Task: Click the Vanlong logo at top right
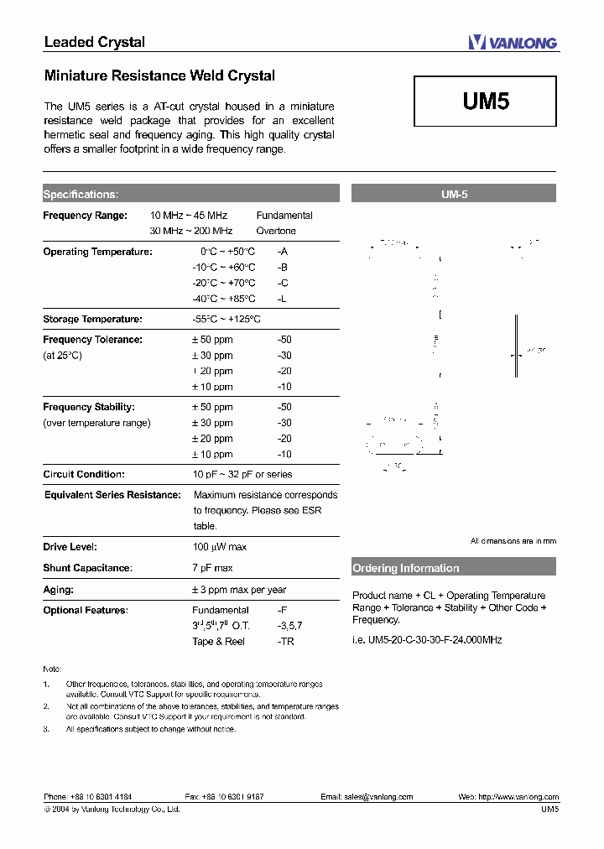click(x=513, y=43)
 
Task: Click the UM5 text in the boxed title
click(x=486, y=102)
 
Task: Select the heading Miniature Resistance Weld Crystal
click(x=159, y=76)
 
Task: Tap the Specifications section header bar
click(x=190, y=194)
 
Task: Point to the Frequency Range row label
click(x=85, y=216)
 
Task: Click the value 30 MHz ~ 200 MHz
click(x=191, y=231)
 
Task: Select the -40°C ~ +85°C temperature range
click(x=224, y=299)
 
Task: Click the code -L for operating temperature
click(x=283, y=299)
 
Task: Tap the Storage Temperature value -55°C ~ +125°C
click(x=226, y=320)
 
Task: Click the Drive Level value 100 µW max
click(x=219, y=547)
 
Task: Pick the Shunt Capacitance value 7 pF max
click(x=212, y=568)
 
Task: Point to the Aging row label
click(x=59, y=590)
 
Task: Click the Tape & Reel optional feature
click(x=219, y=642)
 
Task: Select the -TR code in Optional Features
click(x=285, y=642)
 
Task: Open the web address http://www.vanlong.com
click(x=519, y=797)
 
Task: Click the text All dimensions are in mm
click(x=513, y=541)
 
